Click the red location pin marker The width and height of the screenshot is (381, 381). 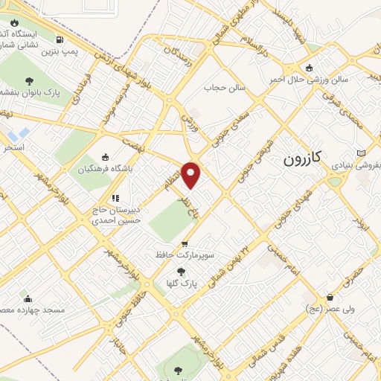191,175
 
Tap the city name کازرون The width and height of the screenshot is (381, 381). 304,159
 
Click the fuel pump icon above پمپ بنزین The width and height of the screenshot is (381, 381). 59,40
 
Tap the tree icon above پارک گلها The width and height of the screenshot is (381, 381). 182,272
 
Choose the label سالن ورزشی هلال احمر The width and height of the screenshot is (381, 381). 339,78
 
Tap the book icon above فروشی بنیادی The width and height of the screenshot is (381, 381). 362,153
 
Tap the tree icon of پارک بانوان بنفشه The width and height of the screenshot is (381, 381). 29,81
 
